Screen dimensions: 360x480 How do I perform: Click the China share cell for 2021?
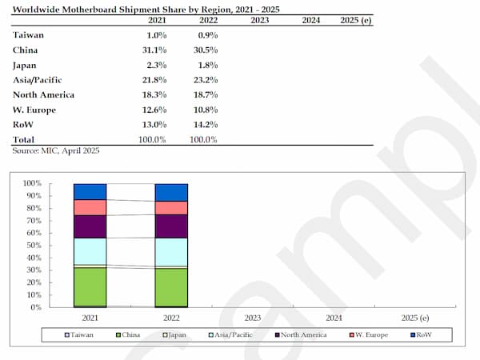click(153, 50)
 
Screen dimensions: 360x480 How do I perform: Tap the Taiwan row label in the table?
click(27, 34)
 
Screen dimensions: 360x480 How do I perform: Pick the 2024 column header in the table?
click(311, 19)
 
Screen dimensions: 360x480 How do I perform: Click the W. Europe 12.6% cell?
click(153, 109)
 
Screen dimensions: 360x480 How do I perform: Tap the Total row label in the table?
click(25, 139)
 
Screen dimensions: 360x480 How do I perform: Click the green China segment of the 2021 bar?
click(90, 286)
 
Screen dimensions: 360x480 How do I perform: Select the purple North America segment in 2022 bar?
click(171, 226)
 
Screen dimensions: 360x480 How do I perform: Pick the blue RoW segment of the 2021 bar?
click(90, 191)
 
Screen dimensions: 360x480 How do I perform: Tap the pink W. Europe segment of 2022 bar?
click(171, 208)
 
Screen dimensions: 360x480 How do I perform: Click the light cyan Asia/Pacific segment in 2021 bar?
click(90, 251)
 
